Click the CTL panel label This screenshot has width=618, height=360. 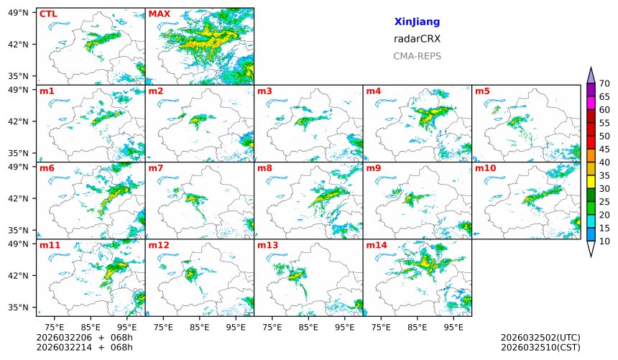click(48, 14)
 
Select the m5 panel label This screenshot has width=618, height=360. click(481, 91)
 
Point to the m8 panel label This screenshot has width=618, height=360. click(264, 168)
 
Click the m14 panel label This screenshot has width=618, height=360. click(377, 246)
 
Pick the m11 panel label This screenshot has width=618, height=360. click(50, 246)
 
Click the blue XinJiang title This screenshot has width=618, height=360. click(417, 22)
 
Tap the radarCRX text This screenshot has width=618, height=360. click(417, 39)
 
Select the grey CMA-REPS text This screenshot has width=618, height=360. click(417, 55)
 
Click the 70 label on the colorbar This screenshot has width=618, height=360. click(604, 84)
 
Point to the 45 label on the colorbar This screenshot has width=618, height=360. click(604, 149)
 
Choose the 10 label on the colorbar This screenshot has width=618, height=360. click(604, 241)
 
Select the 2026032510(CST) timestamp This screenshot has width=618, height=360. click(540, 348)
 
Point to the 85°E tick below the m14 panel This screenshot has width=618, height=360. click(417, 326)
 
